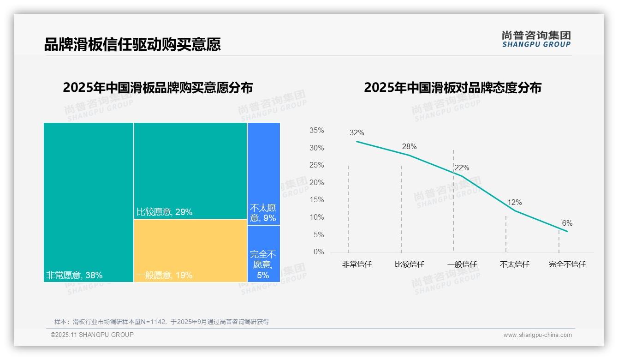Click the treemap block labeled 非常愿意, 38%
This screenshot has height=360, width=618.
[x=89, y=202]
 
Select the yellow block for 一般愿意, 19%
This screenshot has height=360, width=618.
[x=190, y=250]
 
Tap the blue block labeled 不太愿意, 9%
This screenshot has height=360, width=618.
[x=263, y=173]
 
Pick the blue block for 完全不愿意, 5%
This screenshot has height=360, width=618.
[x=263, y=253]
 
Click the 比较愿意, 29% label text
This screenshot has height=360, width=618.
[x=165, y=212]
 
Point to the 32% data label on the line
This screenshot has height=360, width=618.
[x=357, y=133]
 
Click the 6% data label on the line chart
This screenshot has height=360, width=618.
[x=567, y=223]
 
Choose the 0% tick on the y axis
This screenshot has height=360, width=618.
[x=318, y=252]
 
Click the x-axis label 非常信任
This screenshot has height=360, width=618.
[x=357, y=264]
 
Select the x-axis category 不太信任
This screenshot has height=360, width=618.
[x=514, y=264]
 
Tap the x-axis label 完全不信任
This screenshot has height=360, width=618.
[x=567, y=264]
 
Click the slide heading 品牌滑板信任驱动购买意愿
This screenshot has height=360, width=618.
[x=132, y=44]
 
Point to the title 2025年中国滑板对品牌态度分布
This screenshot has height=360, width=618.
[x=452, y=88]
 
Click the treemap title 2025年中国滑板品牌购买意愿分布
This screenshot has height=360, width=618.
[x=158, y=88]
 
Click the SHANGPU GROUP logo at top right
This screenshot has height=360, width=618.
[x=536, y=39]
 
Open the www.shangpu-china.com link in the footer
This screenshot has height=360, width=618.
[x=537, y=335]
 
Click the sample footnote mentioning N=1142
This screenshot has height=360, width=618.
[x=161, y=322]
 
